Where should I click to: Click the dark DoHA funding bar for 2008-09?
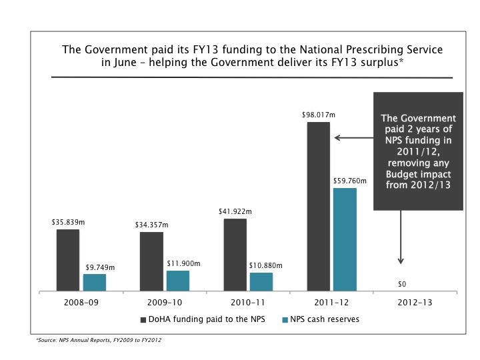68,260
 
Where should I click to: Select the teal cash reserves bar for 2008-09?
95,282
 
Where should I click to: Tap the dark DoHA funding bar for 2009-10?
151,261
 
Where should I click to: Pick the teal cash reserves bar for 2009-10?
178,281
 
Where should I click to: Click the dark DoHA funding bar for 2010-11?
235,255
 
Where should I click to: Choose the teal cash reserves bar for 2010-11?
261,281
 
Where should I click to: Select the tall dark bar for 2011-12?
318,206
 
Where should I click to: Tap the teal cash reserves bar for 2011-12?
345,239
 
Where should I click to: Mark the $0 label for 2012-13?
402,284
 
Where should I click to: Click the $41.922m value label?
235,211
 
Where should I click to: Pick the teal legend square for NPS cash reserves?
285,319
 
